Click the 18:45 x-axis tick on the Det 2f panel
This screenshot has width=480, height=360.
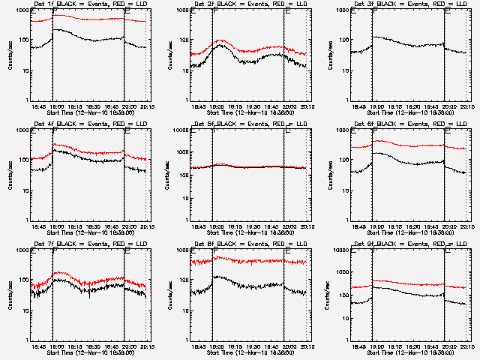197,107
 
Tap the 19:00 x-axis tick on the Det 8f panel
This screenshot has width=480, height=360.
214,347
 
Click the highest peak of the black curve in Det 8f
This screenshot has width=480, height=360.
217,276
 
